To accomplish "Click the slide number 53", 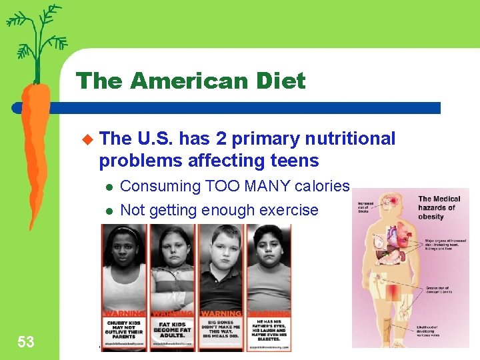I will pyautogui.click(x=25, y=342).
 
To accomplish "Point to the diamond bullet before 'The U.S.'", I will pyautogui.click(x=85, y=139).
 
